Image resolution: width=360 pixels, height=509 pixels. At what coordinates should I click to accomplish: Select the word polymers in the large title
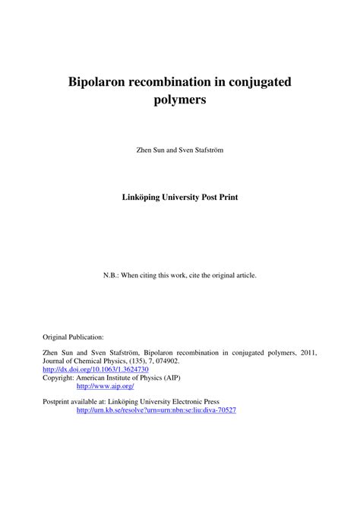point(181,100)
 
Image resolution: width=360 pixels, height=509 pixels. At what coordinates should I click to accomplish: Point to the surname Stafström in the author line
point(207,150)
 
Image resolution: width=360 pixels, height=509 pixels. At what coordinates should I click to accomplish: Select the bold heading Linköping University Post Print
point(181,196)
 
